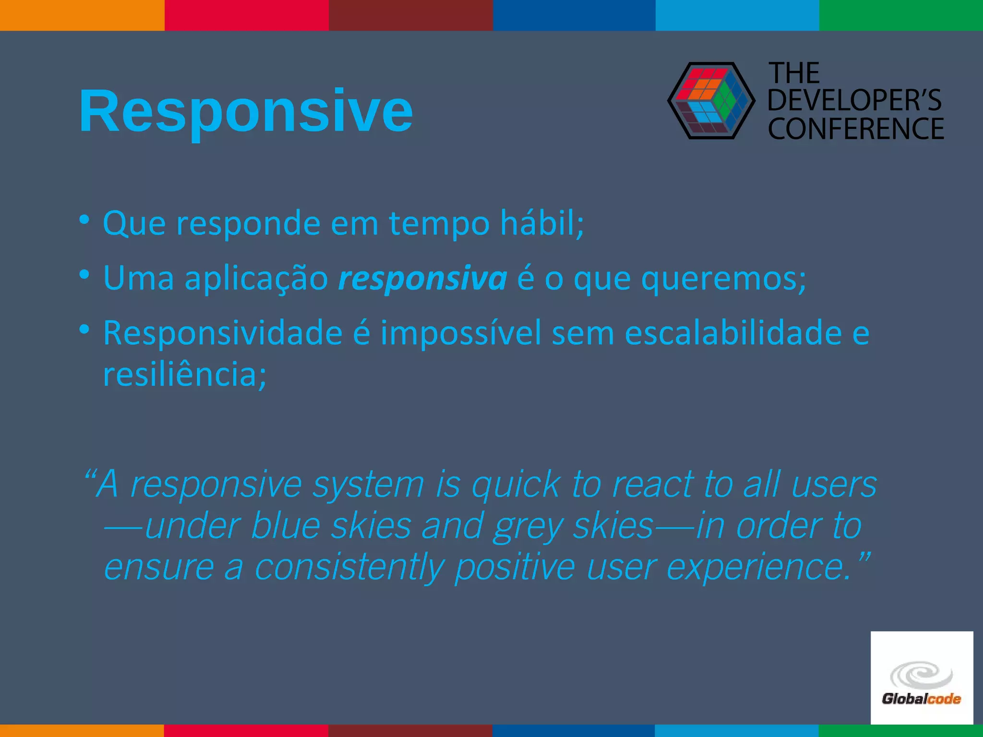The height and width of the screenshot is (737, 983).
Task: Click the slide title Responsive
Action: click(x=246, y=111)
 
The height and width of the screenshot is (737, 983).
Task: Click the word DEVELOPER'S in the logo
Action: click(x=855, y=100)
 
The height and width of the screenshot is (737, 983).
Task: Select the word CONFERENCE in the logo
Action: click(x=856, y=129)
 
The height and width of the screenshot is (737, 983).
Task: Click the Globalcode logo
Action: click(x=922, y=678)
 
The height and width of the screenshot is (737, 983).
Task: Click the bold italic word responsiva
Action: click(x=422, y=278)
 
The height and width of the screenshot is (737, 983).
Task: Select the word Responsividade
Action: click(x=223, y=333)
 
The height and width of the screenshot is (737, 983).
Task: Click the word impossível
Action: click(x=461, y=333)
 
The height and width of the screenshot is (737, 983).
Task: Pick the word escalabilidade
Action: click(x=733, y=333)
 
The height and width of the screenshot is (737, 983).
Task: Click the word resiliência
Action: click(x=184, y=374)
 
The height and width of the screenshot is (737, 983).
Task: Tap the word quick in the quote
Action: click(x=515, y=485)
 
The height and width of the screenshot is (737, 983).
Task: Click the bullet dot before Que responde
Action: click(x=84, y=220)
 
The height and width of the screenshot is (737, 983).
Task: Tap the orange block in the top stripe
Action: click(x=82, y=15)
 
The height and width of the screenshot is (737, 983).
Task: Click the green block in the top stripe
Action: click(x=901, y=15)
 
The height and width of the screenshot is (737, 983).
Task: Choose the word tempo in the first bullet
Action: click(x=439, y=224)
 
